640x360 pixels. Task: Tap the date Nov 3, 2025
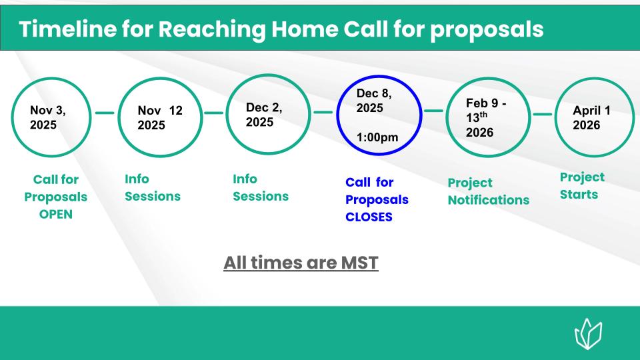point(48,117)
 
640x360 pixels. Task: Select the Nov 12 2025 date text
point(160,117)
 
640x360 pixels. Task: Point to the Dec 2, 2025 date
point(264,115)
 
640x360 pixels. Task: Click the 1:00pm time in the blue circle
point(377,137)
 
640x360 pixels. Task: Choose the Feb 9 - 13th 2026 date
point(486,117)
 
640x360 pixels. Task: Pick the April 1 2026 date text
point(591,117)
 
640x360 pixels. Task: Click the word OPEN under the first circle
point(56,214)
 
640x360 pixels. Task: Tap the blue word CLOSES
point(369,217)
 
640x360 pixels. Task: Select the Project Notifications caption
point(489,191)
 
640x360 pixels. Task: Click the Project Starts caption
point(582,186)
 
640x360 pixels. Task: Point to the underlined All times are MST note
point(301,263)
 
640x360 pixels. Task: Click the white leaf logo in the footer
point(588,334)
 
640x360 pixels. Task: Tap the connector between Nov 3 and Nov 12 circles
point(105,113)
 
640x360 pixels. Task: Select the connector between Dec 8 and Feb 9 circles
point(433,111)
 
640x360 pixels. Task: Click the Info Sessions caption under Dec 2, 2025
point(261,188)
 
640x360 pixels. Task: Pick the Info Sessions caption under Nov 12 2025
point(153,188)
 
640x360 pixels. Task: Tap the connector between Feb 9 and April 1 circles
point(543,114)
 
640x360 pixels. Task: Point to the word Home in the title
point(305,29)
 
